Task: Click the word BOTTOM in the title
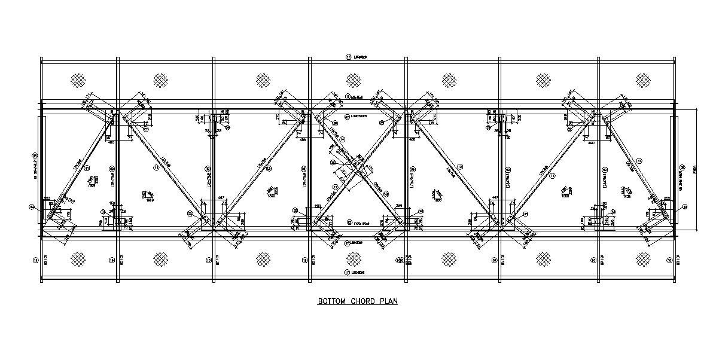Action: (x=331, y=301)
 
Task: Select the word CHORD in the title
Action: (x=362, y=301)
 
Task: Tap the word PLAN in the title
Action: (x=388, y=301)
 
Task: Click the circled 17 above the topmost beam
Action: (x=348, y=57)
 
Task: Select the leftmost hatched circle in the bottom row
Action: (x=78, y=258)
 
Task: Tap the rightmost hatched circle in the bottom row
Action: (x=643, y=258)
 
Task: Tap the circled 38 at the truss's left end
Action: (x=32, y=207)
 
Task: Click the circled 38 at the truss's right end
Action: (x=685, y=207)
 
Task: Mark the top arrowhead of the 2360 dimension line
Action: (x=698, y=111)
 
